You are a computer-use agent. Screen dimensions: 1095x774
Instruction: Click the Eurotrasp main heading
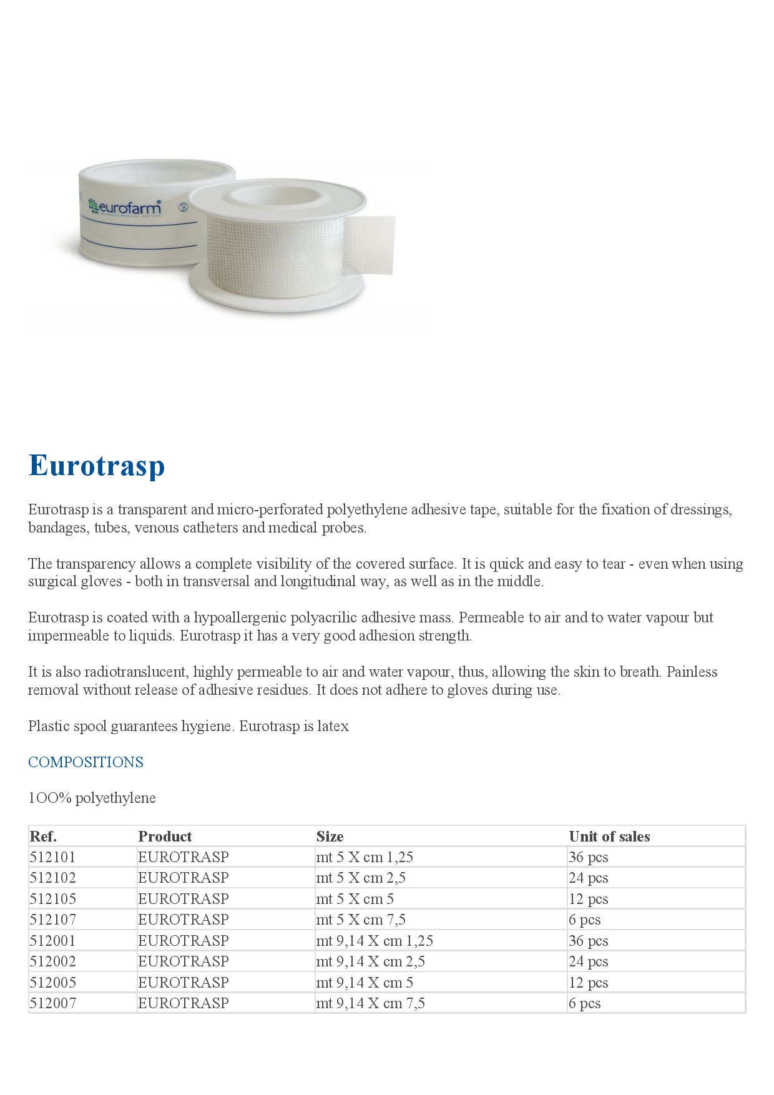pyautogui.click(x=97, y=466)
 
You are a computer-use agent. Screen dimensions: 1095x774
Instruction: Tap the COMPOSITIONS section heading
pyautogui.click(x=86, y=762)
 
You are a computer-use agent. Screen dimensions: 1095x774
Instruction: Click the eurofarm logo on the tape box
pyautogui.click(x=125, y=207)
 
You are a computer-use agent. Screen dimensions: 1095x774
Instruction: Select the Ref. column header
pyautogui.click(x=43, y=837)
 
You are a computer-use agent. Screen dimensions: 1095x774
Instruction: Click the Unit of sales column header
pyautogui.click(x=609, y=837)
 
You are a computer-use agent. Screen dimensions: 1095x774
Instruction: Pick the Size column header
pyautogui.click(x=330, y=837)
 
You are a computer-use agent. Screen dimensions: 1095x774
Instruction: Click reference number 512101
pyautogui.click(x=52, y=857)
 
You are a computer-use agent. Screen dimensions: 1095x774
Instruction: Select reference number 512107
pyautogui.click(x=52, y=920)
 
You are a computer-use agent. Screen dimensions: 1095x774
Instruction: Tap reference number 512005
pyautogui.click(x=52, y=983)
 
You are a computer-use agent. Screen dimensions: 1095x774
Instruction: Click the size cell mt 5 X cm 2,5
pyautogui.click(x=361, y=878)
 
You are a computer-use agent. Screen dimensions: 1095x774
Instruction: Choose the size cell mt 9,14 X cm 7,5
pyautogui.click(x=370, y=1003)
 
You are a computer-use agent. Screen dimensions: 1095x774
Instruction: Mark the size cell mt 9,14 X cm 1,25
pyautogui.click(x=375, y=941)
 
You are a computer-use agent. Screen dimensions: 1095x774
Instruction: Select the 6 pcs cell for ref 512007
pyautogui.click(x=584, y=1003)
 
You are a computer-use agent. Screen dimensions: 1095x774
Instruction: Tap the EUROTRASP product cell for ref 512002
pyautogui.click(x=184, y=961)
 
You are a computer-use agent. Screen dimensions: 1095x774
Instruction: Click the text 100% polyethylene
pyautogui.click(x=92, y=798)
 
